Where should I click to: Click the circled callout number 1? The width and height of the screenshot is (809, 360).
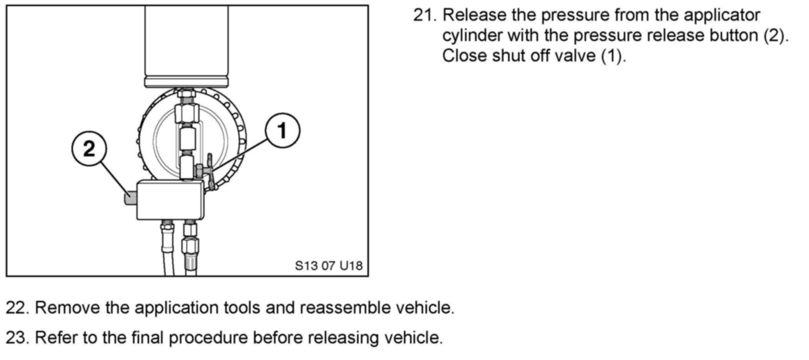point(282,130)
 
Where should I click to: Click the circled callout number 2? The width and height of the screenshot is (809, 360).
point(89,149)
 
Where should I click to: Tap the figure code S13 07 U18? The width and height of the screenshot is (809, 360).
point(329,265)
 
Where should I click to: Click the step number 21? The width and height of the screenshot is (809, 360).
point(425,15)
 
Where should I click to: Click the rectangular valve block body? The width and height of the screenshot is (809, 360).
point(170,200)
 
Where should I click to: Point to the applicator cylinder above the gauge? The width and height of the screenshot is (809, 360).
point(186,42)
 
